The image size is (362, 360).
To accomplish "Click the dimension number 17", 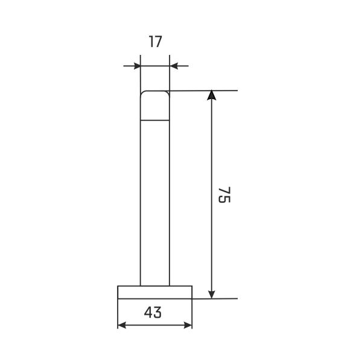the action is (156, 42).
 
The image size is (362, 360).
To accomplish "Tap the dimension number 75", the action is (224, 194).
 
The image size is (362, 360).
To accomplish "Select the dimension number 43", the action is (153, 312).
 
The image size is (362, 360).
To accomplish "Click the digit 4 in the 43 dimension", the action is (148, 312).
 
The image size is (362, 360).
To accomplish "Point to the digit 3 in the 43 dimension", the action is (157, 312).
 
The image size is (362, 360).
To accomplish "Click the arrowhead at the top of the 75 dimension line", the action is (212, 95).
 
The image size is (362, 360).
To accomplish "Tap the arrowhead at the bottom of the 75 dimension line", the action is (212, 294).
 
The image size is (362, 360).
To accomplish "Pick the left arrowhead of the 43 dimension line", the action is (122, 325).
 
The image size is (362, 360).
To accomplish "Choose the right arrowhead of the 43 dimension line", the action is (188, 325).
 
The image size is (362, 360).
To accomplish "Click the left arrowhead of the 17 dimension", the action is (137, 66).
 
